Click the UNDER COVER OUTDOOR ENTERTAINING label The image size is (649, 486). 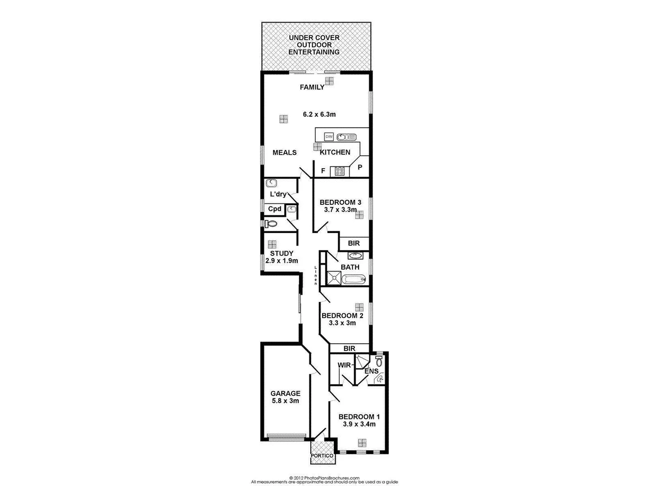314,45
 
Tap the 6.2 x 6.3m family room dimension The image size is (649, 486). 319,114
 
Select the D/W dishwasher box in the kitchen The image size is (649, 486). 328,137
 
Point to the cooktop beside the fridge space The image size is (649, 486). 339,171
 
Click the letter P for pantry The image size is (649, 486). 360,167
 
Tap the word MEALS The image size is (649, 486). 285,153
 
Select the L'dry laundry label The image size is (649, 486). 278,194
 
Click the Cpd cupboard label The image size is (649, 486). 275,209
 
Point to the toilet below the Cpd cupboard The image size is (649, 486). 272,224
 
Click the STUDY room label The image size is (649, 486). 281,253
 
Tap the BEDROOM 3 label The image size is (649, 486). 340,202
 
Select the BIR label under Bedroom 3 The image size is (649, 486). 354,243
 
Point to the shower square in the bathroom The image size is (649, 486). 334,279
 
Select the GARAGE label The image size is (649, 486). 286,393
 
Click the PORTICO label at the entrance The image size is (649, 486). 322,456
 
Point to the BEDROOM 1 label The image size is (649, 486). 359,417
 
